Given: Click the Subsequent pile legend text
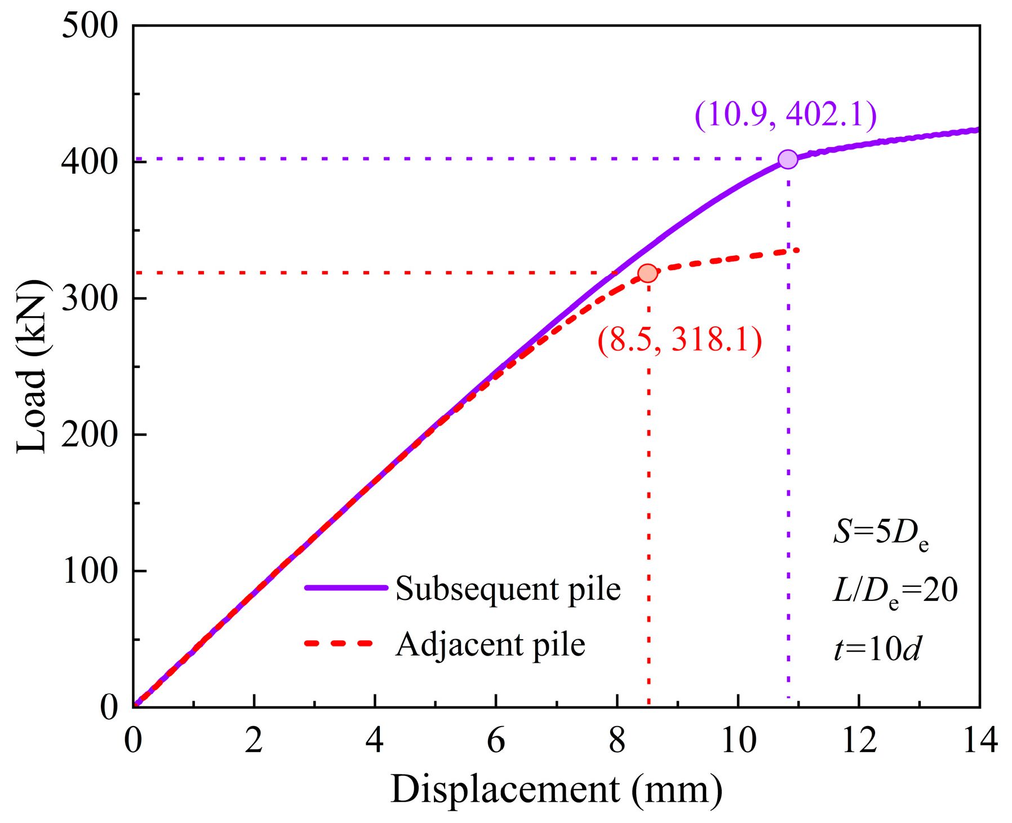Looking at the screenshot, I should tap(508, 590).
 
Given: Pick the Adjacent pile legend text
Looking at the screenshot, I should tap(490, 644).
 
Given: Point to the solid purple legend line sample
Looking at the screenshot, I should tap(346, 588).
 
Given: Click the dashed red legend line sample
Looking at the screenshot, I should tap(339, 643).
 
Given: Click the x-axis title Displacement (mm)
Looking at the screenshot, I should tap(556, 789).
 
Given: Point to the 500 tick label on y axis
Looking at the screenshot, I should tap(90, 26).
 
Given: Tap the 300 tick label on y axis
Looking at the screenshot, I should tap(90, 298).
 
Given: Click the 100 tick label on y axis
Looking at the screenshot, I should tap(90, 571).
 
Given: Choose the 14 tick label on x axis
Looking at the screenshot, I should tap(980, 740).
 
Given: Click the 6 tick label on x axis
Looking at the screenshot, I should tap(496, 740).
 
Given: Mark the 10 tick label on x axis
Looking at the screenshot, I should tap(738, 740).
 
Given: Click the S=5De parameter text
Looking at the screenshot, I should tap(881, 532).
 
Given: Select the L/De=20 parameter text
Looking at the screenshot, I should tap(895, 591).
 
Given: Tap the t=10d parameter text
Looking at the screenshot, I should tap(877, 649).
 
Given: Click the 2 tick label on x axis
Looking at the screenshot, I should tap(254, 740).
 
